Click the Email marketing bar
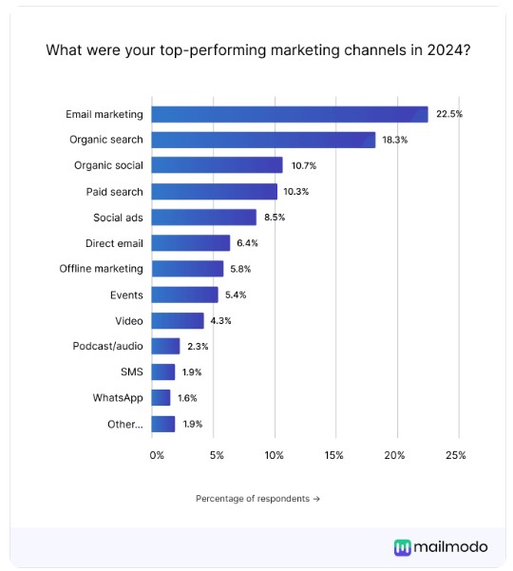tap(290, 114)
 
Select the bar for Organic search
tap(263, 140)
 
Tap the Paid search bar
tap(214, 191)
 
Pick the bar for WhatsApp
tap(161, 397)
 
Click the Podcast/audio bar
tap(165, 346)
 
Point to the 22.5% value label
tap(449, 114)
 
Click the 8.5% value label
tap(275, 217)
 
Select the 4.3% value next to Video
tap(220, 320)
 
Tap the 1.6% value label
tap(187, 397)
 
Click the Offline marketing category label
tap(101, 269)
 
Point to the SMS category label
tap(131, 371)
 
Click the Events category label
tap(125, 295)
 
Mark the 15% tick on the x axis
tap(333, 455)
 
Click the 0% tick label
tap(157, 455)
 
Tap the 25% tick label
tap(455, 455)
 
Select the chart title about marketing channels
tap(256, 49)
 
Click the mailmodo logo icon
tap(403, 546)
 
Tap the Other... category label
tap(124, 424)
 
